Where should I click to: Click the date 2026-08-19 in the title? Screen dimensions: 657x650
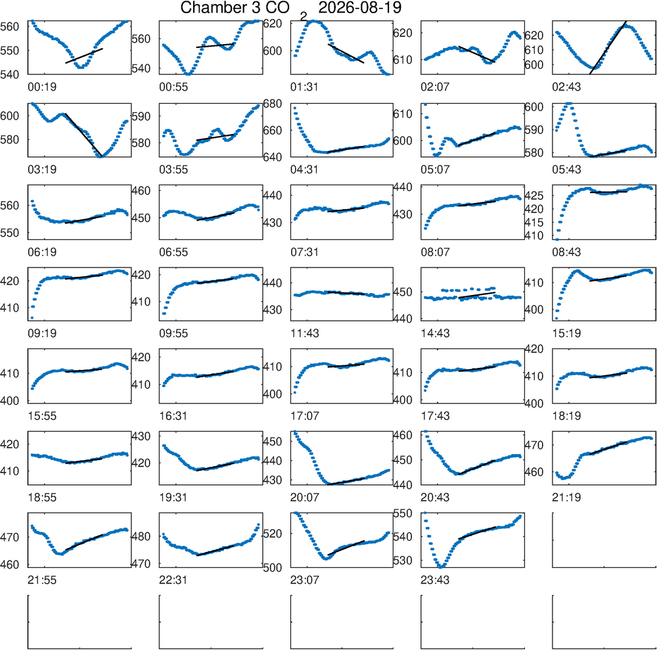tap(359, 7)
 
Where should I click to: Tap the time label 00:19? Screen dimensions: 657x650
tap(42, 87)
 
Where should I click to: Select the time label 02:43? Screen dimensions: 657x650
tap(566, 87)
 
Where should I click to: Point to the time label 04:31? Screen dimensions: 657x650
tap(304, 170)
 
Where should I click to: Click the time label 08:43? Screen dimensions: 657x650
tap(566, 252)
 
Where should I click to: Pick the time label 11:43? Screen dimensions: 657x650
tap(304, 334)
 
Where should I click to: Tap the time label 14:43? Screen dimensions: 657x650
tap(435, 334)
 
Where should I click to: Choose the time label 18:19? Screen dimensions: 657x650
tap(566, 416)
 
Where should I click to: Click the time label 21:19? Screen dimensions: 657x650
tap(566, 498)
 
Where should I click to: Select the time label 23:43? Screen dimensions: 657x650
tap(435, 580)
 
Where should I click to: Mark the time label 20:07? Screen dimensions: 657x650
tap(304, 498)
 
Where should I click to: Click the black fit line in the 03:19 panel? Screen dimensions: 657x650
tap(84, 135)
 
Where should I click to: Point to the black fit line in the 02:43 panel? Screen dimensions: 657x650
tap(608, 47)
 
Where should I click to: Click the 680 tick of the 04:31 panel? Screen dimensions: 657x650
tap(273, 104)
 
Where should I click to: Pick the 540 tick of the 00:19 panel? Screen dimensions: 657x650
tap(10, 75)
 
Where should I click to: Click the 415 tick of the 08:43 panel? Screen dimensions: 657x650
tap(533, 223)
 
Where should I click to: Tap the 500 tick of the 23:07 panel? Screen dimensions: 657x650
tap(273, 567)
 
